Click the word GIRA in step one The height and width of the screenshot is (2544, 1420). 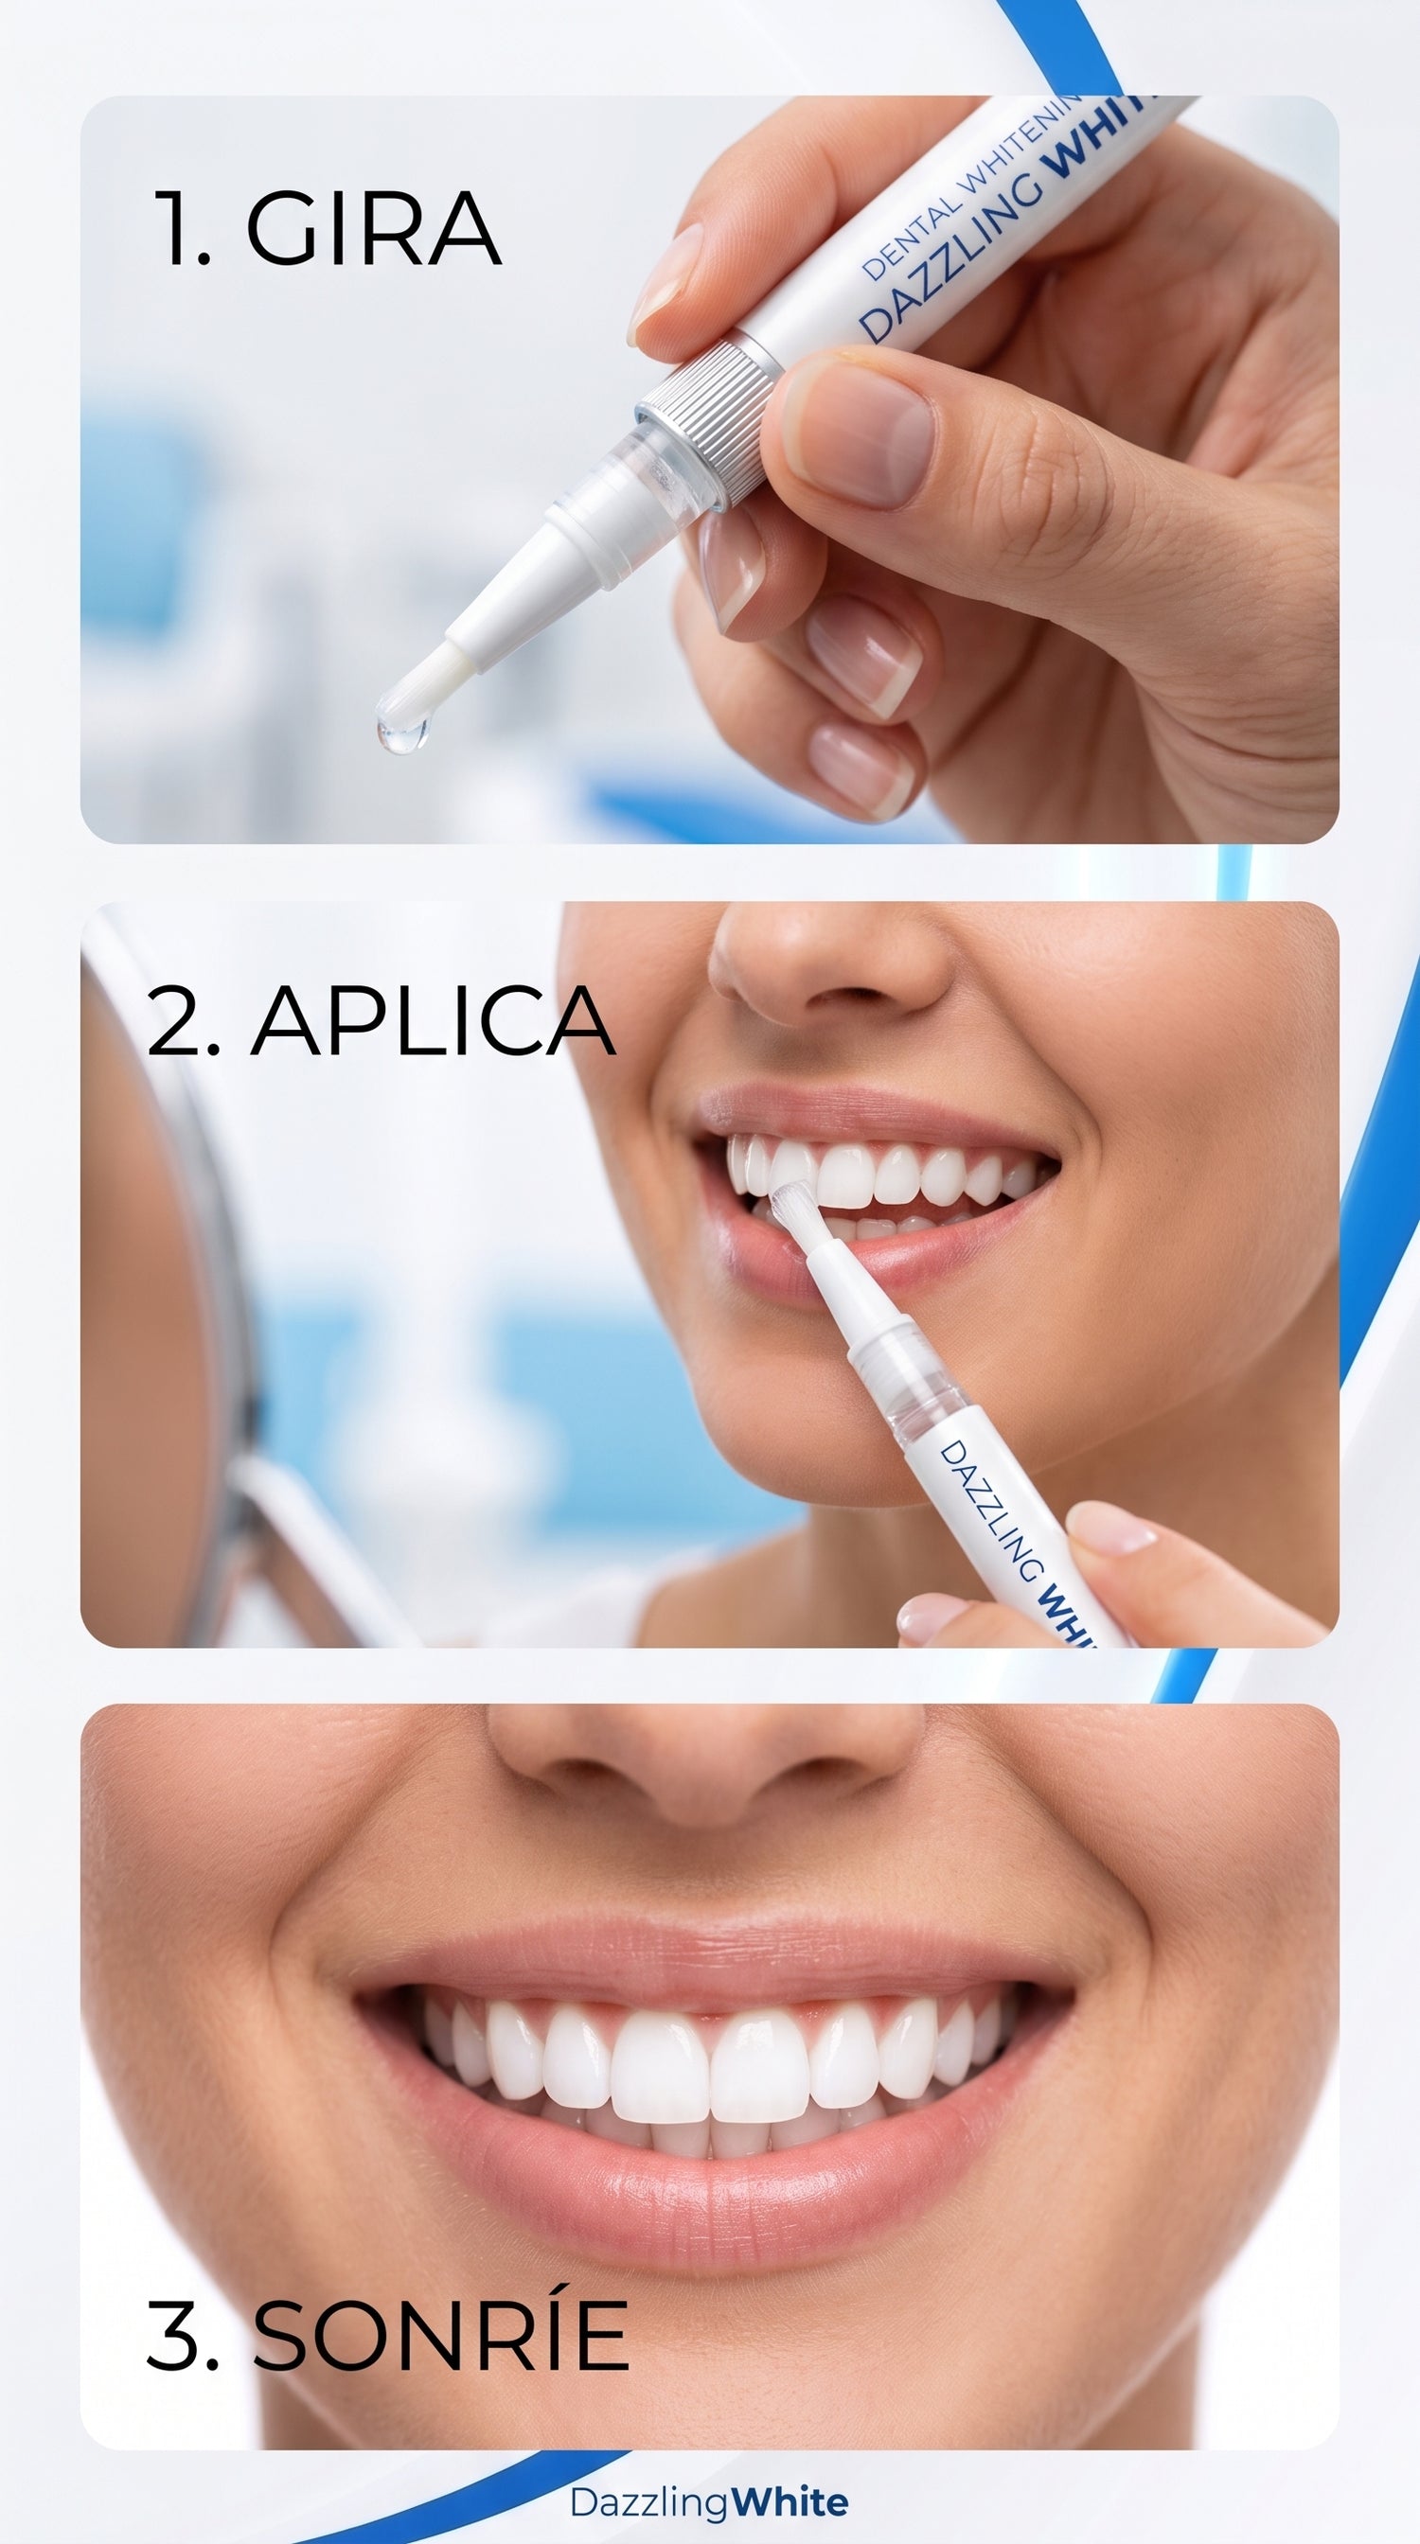click(373, 229)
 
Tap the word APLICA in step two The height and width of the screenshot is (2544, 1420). click(433, 1020)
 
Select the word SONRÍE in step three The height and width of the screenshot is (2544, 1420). click(440, 2335)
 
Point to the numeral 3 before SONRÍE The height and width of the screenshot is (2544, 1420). click(182, 2336)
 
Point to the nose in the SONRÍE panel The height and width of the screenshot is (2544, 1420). click(706, 1768)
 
